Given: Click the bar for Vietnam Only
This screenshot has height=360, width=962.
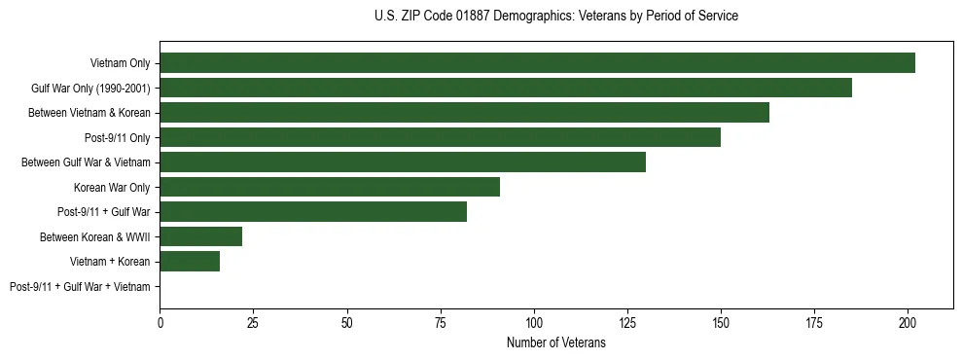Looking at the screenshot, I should tap(537, 63).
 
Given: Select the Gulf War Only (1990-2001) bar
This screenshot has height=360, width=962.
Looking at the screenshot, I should tap(506, 88).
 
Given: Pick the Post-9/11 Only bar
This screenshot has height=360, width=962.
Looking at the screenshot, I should tap(440, 137).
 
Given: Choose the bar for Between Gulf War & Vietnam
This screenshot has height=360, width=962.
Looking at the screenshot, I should tap(403, 162).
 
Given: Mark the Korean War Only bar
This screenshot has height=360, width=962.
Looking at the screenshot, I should tap(330, 187).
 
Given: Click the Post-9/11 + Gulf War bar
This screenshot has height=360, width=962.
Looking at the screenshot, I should tap(313, 212).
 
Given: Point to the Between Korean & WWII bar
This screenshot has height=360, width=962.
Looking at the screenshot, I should tap(200, 236).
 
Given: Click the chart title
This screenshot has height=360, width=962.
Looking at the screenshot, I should tap(555, 17).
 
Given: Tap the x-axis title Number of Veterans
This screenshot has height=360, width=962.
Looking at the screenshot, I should tap(555, 342).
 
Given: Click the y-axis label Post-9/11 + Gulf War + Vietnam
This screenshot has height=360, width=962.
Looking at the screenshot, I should tap(80, 287).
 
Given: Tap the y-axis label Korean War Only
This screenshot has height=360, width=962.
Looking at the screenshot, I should tap(112, 187).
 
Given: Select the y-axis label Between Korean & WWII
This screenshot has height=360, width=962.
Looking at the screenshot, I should tap(95, 236).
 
